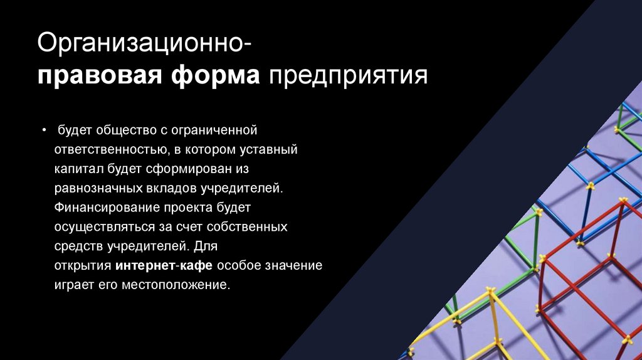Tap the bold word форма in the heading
coord(216,76)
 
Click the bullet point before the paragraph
coord(45,130)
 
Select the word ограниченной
coord(214,130)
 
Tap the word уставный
coord(268,149)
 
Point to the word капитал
coord(79,169)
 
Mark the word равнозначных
coord(98,188)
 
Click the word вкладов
coord(171,188)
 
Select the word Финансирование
coord(107,208)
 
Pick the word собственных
coord(247,227)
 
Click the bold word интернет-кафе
coord(164,265)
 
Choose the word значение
coord(293,265)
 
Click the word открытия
coord(83,265)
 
